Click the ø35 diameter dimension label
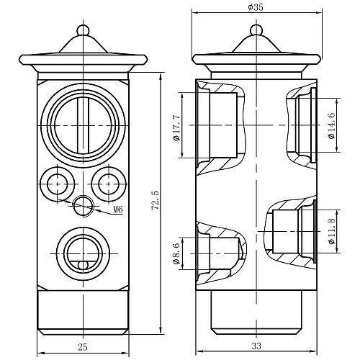[x=256, y=6]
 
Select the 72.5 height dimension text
[x=156, y=200]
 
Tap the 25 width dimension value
[x=83, y=347]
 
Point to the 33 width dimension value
[x=256, y=346]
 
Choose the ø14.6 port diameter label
[x=332, y=125]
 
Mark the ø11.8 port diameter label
[x=332, y=231]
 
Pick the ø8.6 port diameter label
[x=176, y=253]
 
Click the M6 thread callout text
[x=117, y=210]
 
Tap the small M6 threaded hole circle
[x=83, y=206]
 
